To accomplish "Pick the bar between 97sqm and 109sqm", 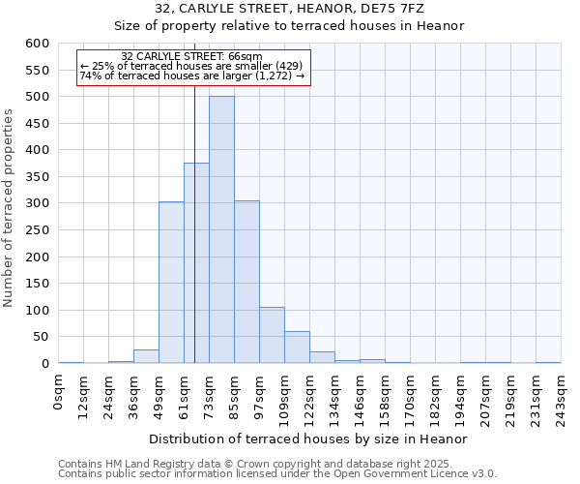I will (x=272, y=335).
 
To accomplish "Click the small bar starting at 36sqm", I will (x=146, y=356).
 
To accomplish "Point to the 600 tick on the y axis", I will (x=38, y=44).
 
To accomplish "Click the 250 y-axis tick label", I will (x=38, y=230).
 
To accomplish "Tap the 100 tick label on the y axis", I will (x=38, y=311).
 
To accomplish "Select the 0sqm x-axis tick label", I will (x=60, y=392).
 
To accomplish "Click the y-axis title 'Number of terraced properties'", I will (x=9, y=208).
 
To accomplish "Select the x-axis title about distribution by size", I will (x=309, y=439).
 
